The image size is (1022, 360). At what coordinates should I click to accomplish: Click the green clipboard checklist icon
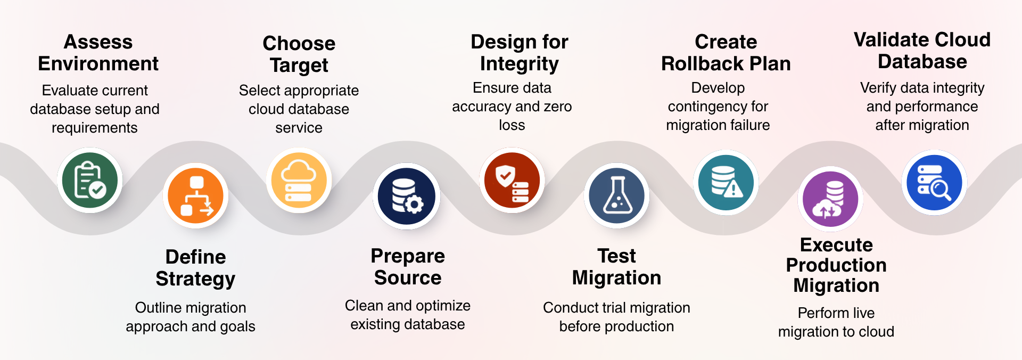(90, 180)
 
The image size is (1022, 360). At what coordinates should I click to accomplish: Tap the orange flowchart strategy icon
(196, 195)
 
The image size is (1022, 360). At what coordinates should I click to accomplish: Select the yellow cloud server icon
(299, 180)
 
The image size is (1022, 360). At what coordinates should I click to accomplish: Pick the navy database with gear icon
(407, 196)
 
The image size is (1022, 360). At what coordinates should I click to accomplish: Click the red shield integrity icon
(512, 180)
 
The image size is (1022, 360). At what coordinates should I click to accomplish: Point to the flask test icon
(617, 195)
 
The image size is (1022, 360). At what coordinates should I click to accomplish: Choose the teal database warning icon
(726, 182)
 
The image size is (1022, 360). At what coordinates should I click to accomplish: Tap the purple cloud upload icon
(830, 199)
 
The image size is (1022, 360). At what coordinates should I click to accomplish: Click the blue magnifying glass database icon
(934, 182)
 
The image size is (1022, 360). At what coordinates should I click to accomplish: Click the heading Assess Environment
(98, 53)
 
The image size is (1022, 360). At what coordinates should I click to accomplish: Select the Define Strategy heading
(196, 268)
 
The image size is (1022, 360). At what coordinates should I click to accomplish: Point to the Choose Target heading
(299, 54)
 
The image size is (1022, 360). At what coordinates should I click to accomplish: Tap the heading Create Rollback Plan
(726, 53)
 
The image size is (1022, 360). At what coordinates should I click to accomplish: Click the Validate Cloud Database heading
(922, 51)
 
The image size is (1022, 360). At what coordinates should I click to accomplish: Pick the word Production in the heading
(836, 265)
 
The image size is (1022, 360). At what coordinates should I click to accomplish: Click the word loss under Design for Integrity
(512, 125)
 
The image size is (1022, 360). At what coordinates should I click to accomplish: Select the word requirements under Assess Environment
(95, 128)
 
